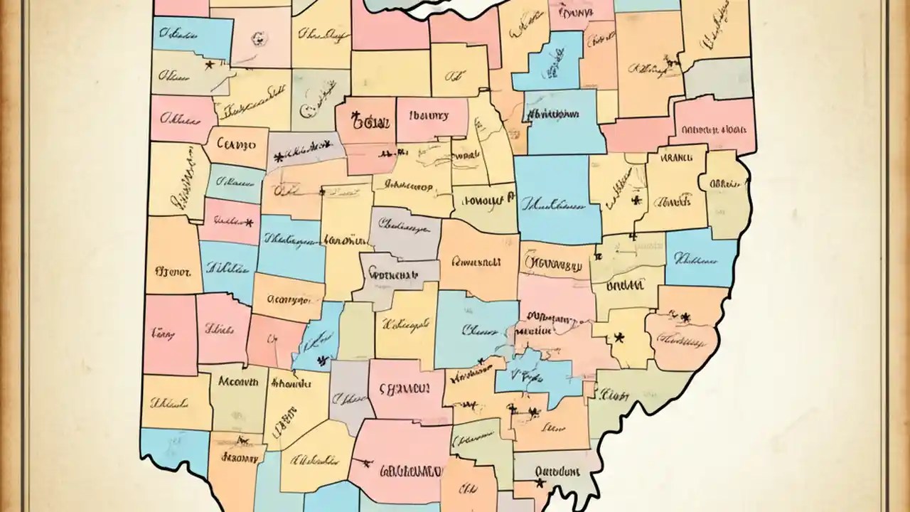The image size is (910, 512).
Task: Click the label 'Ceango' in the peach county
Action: [235, 144]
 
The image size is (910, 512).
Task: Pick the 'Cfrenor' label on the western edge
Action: [172, 270]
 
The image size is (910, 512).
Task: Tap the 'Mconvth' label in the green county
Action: [237, 381]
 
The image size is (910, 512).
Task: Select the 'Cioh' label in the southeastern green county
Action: [612, 393]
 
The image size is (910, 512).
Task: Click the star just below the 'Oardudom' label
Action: [540, 484]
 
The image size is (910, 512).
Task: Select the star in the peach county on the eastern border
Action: [685, 316]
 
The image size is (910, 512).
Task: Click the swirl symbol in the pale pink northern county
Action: [259, 37]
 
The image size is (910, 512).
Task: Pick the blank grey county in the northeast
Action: [718, 78]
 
